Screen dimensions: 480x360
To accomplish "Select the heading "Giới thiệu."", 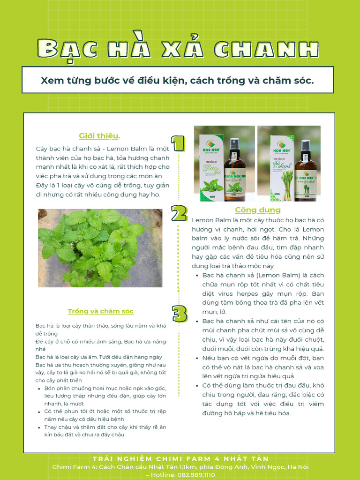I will [99, 136].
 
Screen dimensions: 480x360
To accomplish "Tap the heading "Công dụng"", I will [257, 210].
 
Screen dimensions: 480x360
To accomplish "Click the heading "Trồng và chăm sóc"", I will [100, 311].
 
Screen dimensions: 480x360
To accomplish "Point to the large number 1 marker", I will [178, 143].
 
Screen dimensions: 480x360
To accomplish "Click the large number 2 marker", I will [179, 213].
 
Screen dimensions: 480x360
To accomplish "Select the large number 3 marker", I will [179, 314].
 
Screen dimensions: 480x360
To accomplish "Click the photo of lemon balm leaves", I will [100, 248].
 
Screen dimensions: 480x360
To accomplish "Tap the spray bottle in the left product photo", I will [234, 171].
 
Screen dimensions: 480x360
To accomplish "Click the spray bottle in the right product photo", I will [306, 171].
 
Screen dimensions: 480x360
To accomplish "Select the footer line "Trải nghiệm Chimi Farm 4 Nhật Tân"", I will [180, 458].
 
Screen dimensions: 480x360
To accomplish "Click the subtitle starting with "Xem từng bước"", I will [178, 81].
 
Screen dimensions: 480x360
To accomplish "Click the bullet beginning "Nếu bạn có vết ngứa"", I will [262, 367].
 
